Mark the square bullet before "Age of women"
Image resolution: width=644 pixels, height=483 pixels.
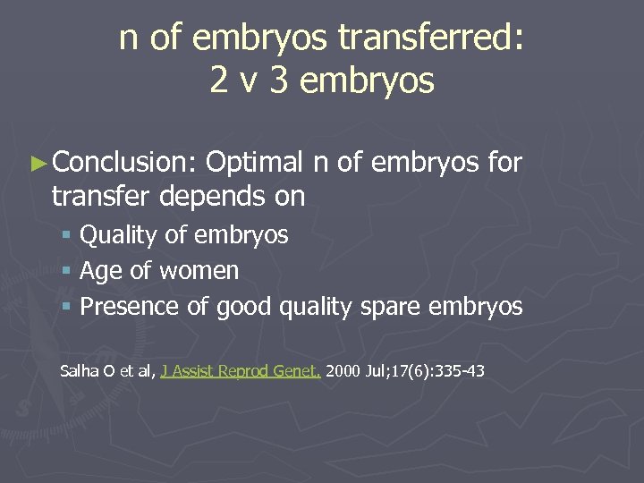click(x=66, y=271)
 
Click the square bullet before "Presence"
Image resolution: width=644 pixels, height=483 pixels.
click(x=66, y=307)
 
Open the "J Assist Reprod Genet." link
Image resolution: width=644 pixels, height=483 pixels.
click(x=241, y=370)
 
